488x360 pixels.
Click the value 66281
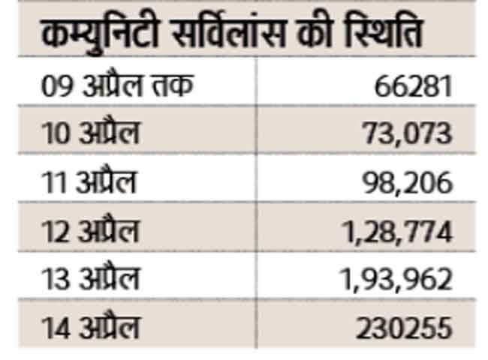coord(414,85)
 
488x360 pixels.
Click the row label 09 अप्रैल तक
coord(116,85)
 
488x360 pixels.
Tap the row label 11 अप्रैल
coord(89,182)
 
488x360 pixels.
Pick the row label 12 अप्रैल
coord(90,231)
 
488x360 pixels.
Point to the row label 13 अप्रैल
coord(90,280)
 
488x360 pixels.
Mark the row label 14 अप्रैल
coord(90,328)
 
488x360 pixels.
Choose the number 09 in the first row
coord(56,85)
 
